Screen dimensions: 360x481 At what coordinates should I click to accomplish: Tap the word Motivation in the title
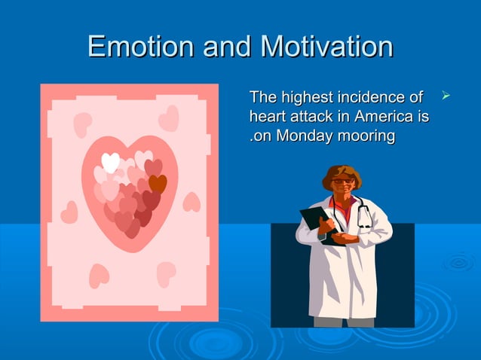[x=326, y=47]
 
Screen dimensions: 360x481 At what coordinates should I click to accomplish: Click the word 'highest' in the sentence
[x=305, y=98]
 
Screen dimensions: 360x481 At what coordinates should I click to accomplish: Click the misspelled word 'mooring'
[x=367, y=137]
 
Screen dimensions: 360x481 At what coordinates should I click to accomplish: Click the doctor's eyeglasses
[x=341, y=182]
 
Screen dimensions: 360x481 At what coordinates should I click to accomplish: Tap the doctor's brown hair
[x=342, y=171]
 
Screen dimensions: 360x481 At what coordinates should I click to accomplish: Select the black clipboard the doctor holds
[x=314, y=223]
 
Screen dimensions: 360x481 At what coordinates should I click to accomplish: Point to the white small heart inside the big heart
[x=110, y=162]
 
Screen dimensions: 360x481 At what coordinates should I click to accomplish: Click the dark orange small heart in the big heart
[x=158, y=183]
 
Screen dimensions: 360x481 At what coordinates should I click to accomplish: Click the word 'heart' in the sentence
[x=264, y=117]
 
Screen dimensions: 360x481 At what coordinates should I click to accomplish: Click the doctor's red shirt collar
[x=343, y=203]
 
